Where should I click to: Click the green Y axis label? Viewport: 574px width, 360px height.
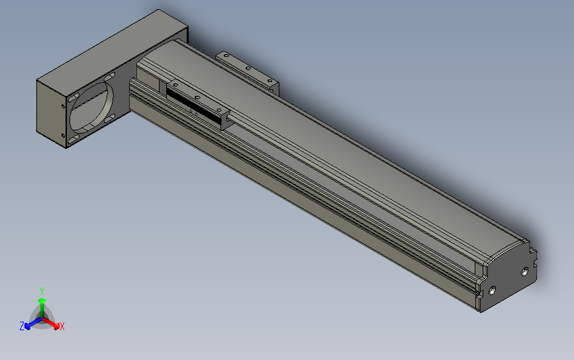(x=42, y=291)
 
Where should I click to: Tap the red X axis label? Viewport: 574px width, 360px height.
(x=62, y=327)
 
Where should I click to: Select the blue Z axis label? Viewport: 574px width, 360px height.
(x=22, y=326)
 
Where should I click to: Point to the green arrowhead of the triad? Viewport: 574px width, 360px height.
(x=42, y=301)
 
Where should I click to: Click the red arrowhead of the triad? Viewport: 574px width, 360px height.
(x=56, y=326)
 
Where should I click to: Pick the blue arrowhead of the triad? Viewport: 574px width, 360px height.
(x=28, y=326)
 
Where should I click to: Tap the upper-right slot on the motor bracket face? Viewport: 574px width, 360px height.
(x=109, y=77)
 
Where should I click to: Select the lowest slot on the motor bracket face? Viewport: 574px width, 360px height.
(x=73, y=139)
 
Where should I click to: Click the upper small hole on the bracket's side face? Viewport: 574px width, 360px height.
(x=63, y=107)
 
